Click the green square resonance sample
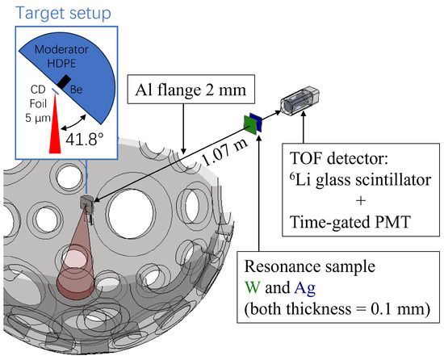(x=248, y=123)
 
